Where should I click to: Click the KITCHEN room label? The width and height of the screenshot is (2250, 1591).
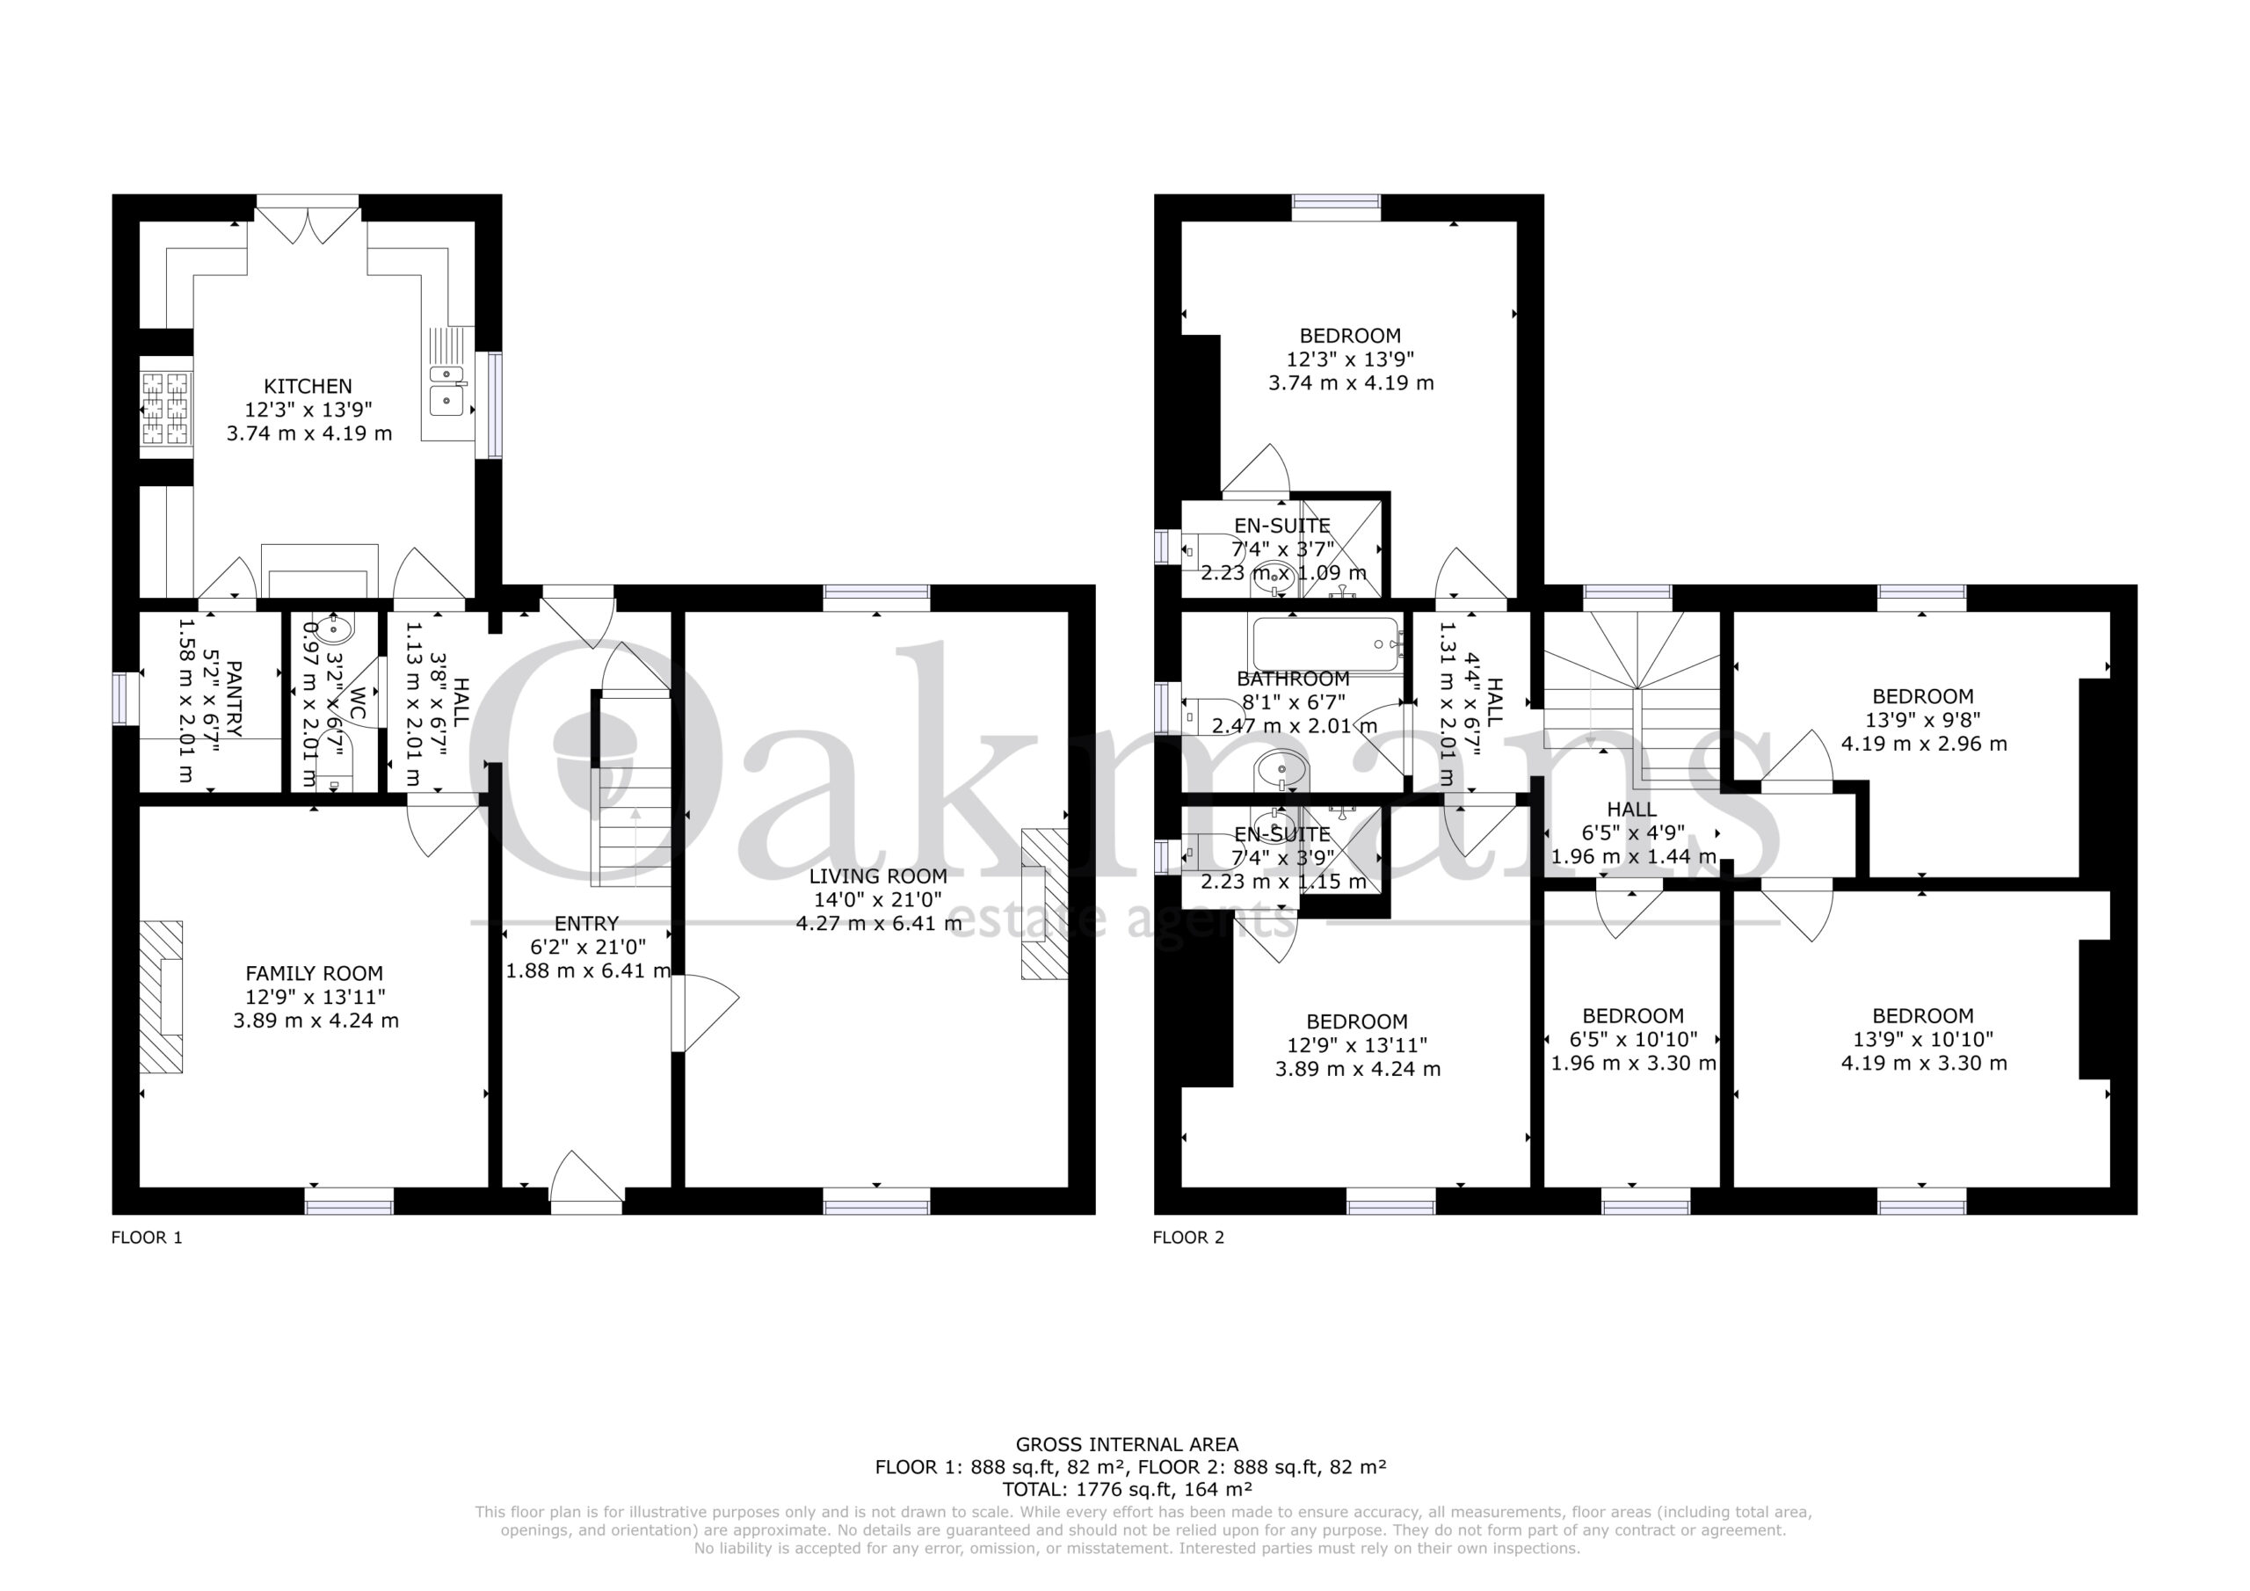(x=308, y=386)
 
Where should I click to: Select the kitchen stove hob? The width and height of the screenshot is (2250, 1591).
(x=165, y=410)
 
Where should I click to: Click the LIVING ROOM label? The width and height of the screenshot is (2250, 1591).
(x=877, y=876)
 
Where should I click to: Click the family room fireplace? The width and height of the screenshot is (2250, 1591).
(x=162, y=996)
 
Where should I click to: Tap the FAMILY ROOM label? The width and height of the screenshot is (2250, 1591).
(x=315, y=973)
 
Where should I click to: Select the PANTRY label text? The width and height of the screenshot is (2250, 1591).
(x=233, y=699)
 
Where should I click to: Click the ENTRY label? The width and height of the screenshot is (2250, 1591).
(x=587, y=924)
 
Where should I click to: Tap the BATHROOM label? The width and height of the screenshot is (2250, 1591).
(x=1294, y=679)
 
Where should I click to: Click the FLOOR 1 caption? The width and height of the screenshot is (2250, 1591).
(x=147, y=1237)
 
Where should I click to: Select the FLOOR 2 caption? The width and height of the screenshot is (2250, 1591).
(x=1188, y=1237)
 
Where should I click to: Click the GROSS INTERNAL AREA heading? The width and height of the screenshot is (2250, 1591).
(x=1127, y=1444)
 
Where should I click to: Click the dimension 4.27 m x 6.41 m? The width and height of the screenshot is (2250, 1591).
(x=879, y=924)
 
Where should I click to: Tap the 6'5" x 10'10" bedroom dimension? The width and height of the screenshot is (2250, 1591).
(x=1634, y=1039)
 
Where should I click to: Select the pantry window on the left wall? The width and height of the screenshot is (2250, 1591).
(x=120, y=698)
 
